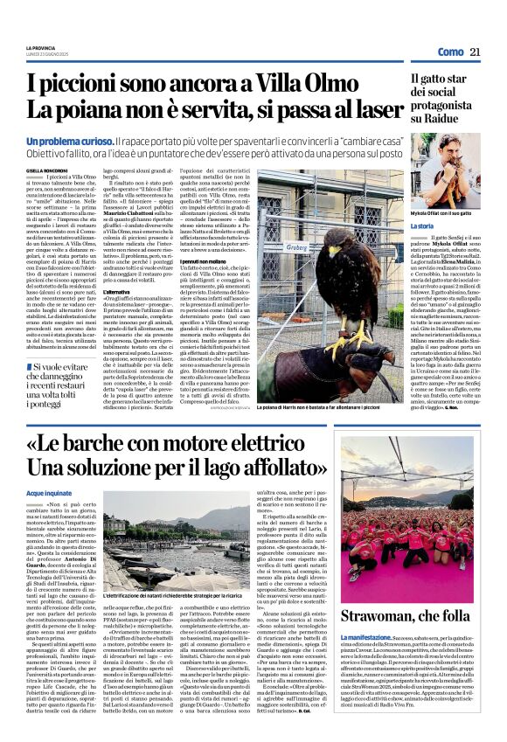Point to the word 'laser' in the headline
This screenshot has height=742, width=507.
[365, 111]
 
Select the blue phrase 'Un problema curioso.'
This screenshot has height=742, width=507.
[70, 141]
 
